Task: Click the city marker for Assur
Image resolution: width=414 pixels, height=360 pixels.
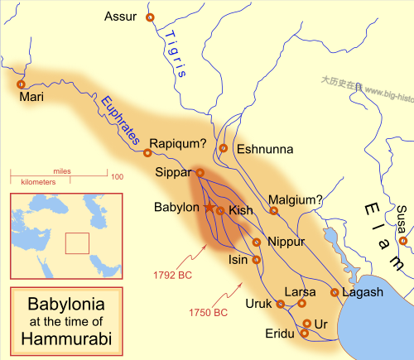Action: [150, 17]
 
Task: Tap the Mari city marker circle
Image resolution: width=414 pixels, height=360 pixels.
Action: [20, 84]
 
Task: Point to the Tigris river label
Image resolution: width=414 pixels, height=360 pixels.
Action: [171, 55]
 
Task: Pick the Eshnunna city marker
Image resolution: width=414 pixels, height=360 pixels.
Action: [223, 148]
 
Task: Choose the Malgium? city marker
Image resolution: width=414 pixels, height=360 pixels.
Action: [274, 211]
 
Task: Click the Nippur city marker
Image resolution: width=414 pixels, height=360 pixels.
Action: [258, 242]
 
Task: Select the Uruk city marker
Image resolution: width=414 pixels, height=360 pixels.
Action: [280, 304]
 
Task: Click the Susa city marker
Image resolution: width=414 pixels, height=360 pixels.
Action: [402, 241]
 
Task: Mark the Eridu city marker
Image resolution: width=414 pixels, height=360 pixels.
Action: [305, 334]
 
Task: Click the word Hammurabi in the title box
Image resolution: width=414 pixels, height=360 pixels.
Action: [65, 339]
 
